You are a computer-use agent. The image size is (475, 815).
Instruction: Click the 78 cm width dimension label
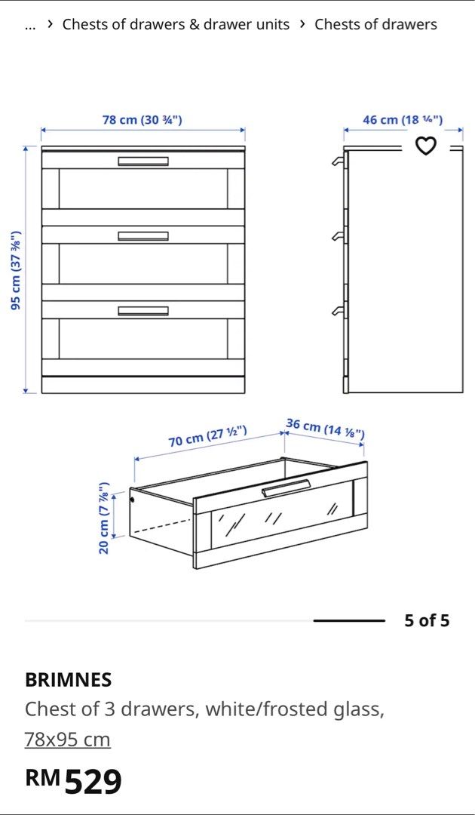point(142,120)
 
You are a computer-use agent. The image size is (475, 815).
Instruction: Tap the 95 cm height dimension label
point(16,269)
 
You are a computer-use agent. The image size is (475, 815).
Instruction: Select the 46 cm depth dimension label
point(403,120)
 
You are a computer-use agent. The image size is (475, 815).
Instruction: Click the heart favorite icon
point(427,145)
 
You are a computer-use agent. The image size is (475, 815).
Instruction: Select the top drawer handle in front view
point(143,161)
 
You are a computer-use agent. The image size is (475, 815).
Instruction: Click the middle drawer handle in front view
point(143,236)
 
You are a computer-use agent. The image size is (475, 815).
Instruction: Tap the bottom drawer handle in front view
point(143,311)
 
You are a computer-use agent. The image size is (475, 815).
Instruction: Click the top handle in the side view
point(338,162)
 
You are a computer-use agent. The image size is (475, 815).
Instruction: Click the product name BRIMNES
point(69,680)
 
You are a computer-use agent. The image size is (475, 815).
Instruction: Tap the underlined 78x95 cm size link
point(68,740)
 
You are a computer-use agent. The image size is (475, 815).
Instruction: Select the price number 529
point(93,782)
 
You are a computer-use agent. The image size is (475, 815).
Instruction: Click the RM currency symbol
point(42,777)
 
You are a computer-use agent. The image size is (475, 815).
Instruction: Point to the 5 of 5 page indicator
point(427,621)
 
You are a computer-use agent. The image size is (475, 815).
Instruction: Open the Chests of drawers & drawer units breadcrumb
point(176,24)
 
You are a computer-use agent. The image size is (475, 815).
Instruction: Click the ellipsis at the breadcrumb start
point(30,25)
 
